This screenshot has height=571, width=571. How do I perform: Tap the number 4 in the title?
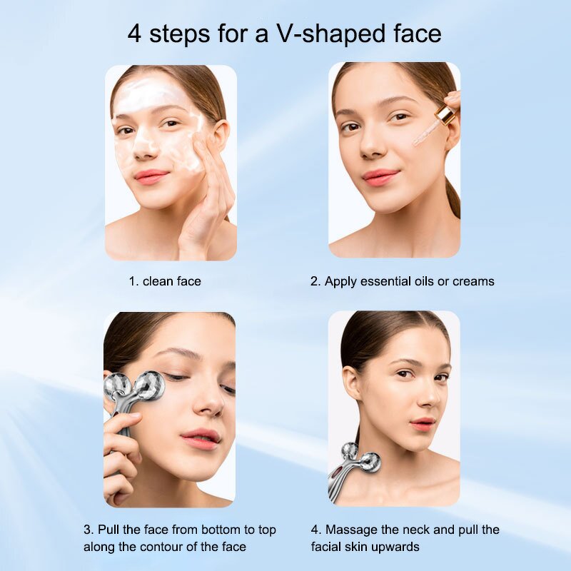(135, 34)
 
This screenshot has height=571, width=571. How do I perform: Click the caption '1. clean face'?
(165, 281)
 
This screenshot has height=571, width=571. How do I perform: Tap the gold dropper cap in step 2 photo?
(445, 114)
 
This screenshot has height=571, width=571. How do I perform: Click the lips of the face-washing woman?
(151, 176)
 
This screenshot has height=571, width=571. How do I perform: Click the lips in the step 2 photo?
(380, 176)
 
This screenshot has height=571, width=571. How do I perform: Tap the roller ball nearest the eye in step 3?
(151, 385)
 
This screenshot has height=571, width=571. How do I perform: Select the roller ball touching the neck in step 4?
(369, 463)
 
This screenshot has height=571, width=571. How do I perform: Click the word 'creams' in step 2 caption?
(473, 281)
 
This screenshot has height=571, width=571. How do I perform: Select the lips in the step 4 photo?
(422, 424)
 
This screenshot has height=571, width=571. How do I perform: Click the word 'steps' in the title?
(182, 34)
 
